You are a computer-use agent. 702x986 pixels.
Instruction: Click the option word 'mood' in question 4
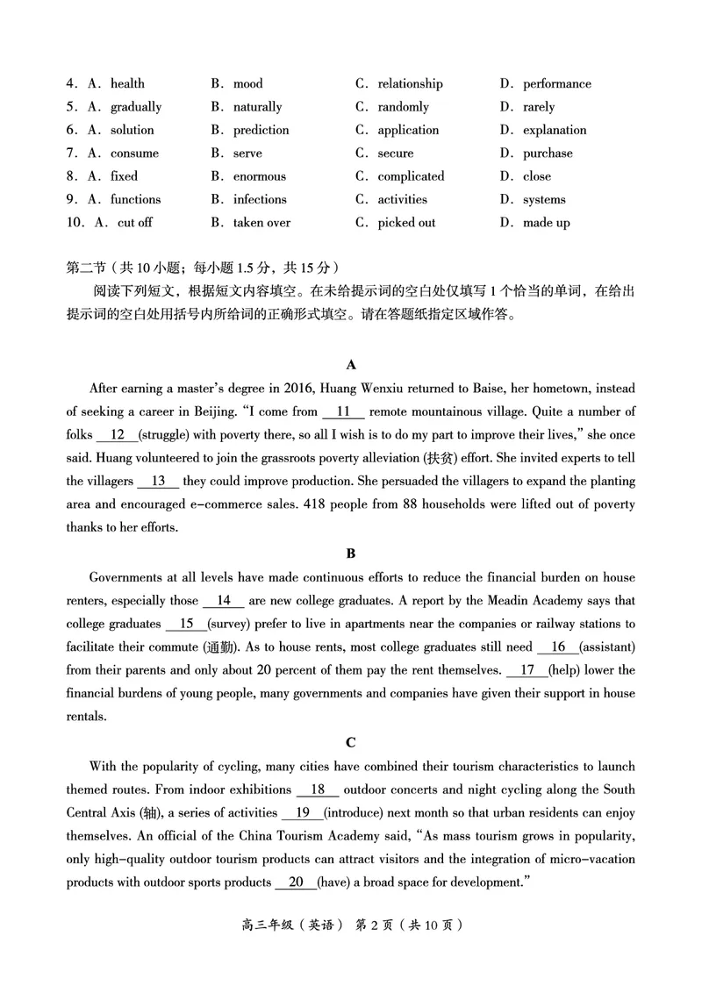click(247, 84)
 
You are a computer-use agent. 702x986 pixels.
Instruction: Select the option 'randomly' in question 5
click(403, 107)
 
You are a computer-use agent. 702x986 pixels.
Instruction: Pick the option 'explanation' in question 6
click(555, 130)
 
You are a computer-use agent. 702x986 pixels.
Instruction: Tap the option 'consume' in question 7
click(134, 154)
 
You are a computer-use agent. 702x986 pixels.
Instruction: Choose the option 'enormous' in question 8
click(259, 176)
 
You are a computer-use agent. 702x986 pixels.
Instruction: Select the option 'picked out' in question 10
click(406, 223)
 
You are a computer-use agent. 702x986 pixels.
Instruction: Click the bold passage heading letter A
click(351, 364)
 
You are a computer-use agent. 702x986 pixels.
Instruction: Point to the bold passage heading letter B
click(351, 554)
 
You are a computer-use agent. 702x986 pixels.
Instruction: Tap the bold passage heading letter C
click(351, 743)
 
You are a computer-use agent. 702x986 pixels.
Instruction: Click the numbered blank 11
click(344, 411)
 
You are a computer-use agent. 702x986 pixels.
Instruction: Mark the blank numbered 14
click(224, 601)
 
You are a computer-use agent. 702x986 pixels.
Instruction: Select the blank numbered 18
click(319, 790)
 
